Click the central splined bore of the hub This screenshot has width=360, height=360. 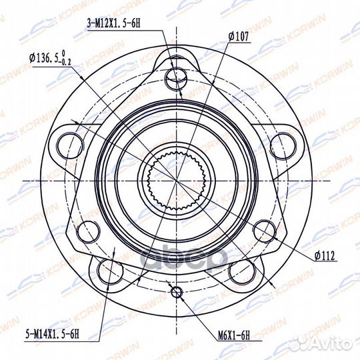[177, 180]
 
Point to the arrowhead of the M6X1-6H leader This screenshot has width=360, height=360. [179, 296]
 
